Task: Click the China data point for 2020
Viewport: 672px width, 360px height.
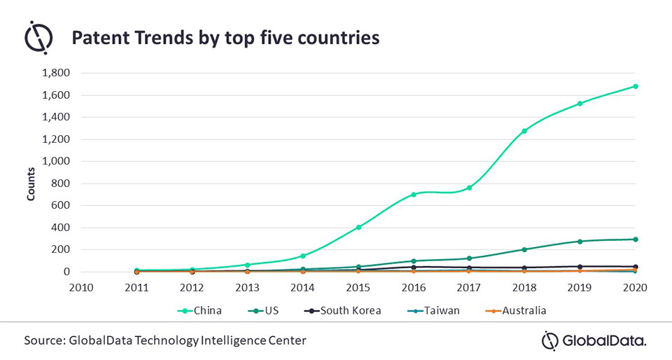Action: click(635, 86)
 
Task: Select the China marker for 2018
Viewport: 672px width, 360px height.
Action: click(524, 131)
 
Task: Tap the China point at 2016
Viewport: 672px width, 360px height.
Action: click(414, 194)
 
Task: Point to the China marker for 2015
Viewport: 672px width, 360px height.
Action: click(358, 227)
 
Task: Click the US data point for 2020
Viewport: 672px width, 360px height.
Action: click(635, 240)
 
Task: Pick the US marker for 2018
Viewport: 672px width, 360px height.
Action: click(524, 249)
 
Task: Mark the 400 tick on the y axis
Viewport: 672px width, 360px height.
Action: click(60, 228)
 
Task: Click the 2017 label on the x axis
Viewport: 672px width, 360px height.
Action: click(469, 287)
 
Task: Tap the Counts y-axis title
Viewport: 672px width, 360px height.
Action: click(31, 184)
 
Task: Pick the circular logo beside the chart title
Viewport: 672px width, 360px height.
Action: click(38, 37)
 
